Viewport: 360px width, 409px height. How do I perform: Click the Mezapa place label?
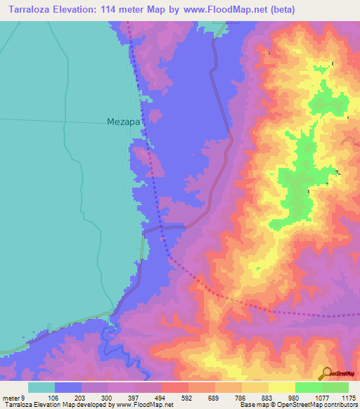(124, 121)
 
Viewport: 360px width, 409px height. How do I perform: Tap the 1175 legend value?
(349, 397)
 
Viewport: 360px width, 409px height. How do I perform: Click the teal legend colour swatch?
(41, 387)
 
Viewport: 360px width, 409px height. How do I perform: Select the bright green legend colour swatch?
(309, 387)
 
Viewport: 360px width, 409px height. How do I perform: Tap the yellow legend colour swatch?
(282, 387)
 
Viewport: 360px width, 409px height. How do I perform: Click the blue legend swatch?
(68, 387)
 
